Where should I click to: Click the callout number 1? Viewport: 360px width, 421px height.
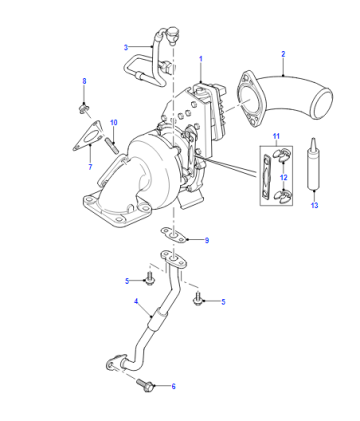(x=201, y=59)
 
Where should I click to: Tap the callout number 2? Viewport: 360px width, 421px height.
(x=283, y=54)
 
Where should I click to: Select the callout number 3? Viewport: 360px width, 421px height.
(x=126, y=48)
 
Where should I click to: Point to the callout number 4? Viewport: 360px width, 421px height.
(x=136, y=301)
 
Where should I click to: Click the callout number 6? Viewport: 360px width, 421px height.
(x=173, y=386)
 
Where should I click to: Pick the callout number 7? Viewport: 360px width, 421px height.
(x=90, y=167)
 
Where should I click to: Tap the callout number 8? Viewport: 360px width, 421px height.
(x=84, y=81)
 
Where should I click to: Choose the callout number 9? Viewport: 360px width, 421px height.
(x=207, y=240)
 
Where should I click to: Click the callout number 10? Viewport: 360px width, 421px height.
(x=114, y=123)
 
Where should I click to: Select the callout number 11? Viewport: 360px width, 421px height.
(x=276, y=136)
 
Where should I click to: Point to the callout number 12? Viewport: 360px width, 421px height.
(x=283, y=177)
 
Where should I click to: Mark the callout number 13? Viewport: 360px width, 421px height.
(x=314, y=205)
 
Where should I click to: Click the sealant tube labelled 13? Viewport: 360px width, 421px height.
(x=314, y=164)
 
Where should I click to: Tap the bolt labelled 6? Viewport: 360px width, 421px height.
(x=146, y=386)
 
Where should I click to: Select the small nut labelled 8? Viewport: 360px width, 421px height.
(x=84, y=108)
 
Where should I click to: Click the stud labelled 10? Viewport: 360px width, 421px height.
(x=112, y=146)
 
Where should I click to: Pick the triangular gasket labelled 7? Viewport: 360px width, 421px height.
(x=87, y=136)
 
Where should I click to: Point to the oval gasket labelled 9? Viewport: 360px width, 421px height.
(x=173, y=235)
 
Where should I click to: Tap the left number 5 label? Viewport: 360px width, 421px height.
(x=127, y=281)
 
